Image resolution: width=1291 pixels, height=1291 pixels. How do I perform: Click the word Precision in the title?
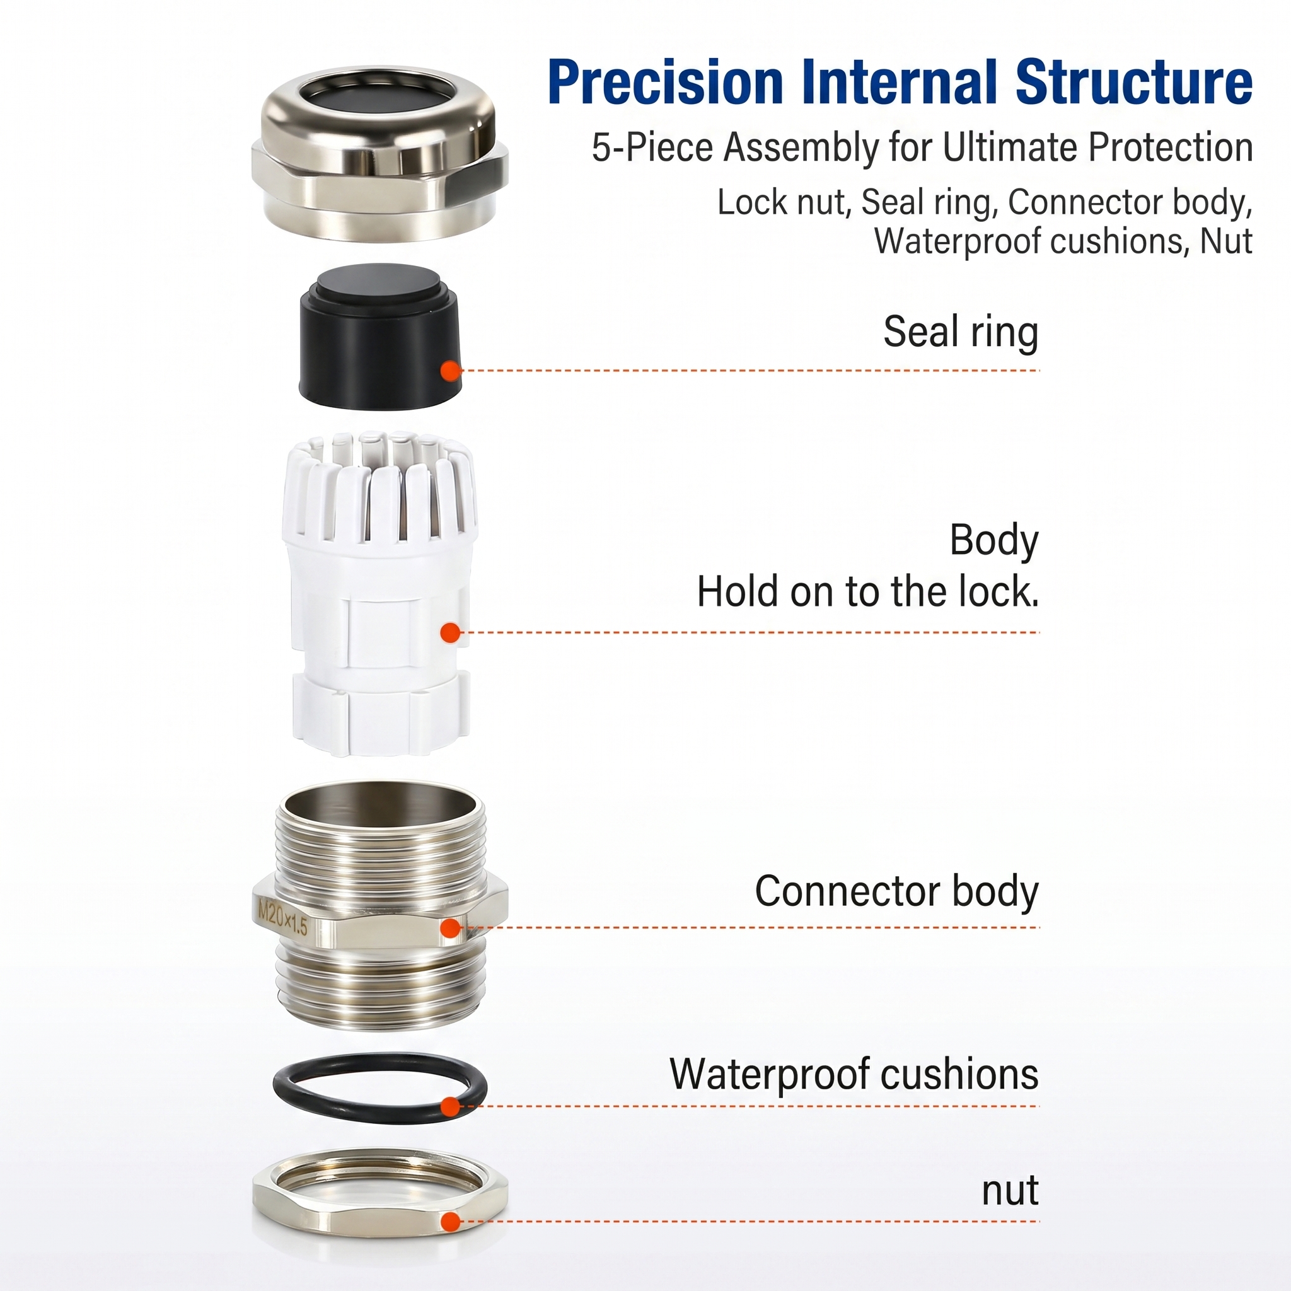(665, 82)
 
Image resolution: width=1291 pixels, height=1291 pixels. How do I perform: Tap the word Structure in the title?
(1134, 82)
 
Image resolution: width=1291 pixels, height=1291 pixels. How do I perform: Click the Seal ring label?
(961, 332)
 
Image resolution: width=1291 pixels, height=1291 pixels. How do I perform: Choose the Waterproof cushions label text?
(854, 1074)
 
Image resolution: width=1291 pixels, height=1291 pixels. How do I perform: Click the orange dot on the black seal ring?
(451, 370)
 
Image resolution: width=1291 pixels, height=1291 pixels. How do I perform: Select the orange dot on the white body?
(451, 632)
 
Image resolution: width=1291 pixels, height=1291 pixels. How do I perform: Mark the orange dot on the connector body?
(451, 927)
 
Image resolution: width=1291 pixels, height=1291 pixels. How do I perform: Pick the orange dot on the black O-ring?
(451, 1106)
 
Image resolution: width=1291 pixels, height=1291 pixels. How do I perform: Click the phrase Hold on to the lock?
(868, 591)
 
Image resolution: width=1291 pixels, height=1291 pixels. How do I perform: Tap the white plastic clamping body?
(379, 594)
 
